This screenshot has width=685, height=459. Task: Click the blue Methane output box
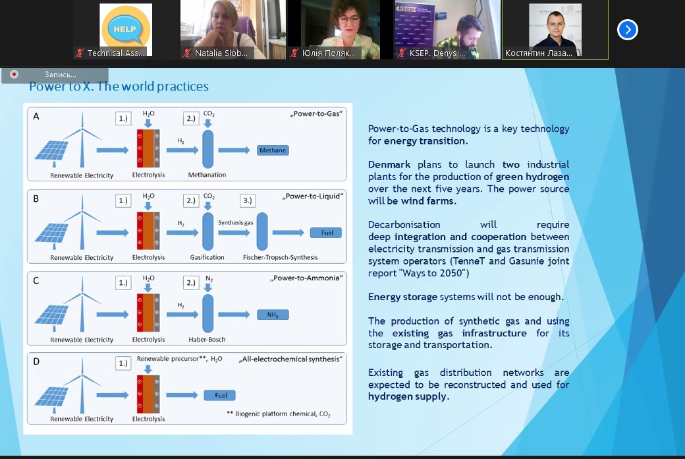[273, 150]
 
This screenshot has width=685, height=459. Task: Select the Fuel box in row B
[326, 233]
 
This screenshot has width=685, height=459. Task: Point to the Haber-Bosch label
[207, 340]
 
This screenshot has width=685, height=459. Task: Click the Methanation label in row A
[207, 175]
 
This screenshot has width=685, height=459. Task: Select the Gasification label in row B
[207, 257]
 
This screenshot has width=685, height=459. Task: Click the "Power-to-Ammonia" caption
[306, 278]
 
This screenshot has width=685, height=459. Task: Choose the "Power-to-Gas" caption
[316, 114]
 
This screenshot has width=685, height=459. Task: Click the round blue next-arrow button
[627, 30]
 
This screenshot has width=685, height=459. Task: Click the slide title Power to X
[119, 87]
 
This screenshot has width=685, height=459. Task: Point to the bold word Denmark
[389, 164]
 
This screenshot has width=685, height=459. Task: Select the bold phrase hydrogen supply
[408, 396]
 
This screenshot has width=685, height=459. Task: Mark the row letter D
[36, 361]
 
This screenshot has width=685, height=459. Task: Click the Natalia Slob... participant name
[221, 53]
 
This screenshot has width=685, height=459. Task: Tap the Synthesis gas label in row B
[235, 223]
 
